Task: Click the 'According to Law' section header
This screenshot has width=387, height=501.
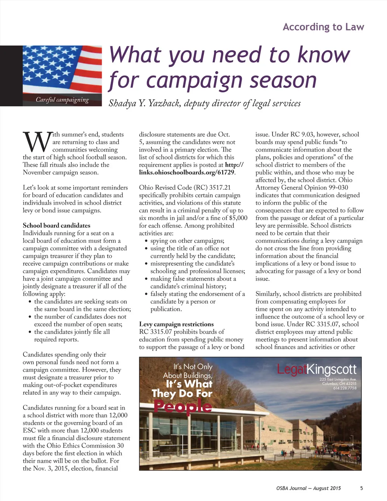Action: (323, 27)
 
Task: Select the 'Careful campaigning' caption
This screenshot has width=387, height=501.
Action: (62, 100)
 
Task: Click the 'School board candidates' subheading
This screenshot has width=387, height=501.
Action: (57, 225)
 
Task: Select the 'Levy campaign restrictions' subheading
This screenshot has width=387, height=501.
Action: (176, 324)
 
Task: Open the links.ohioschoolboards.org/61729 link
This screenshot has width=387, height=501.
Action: (187, 172)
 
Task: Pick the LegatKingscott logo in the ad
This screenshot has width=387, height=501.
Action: (316, 369)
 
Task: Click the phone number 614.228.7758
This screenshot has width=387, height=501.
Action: (345, 388)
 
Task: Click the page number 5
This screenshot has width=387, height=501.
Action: (361, 488)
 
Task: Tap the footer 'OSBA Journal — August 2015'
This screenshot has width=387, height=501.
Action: (308, 488)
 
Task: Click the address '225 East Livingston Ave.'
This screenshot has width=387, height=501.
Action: (338, 379)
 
